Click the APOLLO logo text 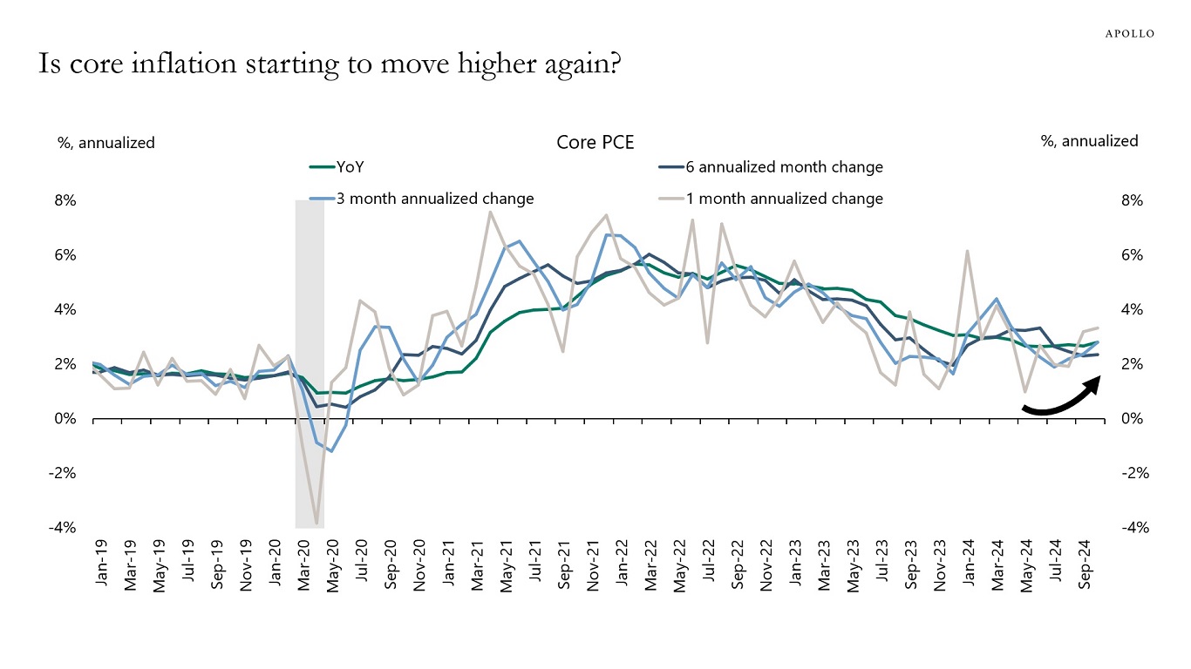coord(1129,33)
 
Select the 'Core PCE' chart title coord(595,142)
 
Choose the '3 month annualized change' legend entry coord(434,199)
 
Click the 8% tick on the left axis coord(66,200)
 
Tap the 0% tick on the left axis coord(66,419)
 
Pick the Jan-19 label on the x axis coord(101,565)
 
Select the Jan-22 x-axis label coord(620,565)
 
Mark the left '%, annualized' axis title coord(106,142)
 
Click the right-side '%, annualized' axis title coord(1089,141)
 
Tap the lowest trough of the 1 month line coord(316,524)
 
